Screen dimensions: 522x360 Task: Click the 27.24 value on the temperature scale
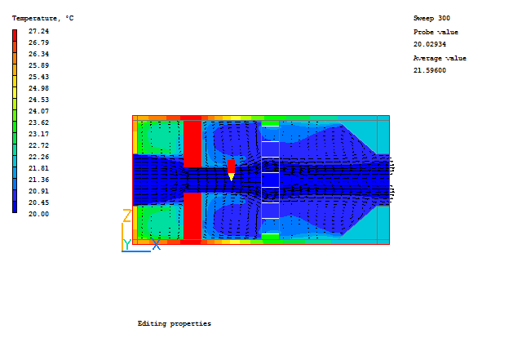coord(38,31)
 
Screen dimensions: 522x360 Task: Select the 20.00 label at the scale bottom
coord(38,214)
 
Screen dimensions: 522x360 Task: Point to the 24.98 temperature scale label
coord(38,88)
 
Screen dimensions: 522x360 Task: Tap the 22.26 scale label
coord(38,157)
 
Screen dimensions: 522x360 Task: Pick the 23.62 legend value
coord(38,122)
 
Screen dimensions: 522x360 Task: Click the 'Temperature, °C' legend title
coord(43,18)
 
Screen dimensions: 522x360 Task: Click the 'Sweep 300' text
coord(431,18)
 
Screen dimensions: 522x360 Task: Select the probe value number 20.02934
coord(430,44)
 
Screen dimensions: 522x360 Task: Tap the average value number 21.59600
coord(430,70)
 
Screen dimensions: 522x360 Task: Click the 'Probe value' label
coord(436,32)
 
